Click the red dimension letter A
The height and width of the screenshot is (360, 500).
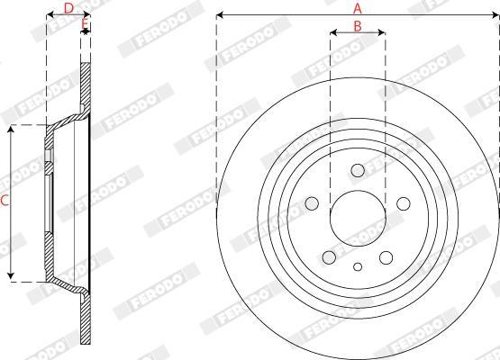pos(358,9)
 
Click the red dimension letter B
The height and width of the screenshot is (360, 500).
pos(358,26)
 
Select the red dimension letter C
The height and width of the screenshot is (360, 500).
pos(5,201)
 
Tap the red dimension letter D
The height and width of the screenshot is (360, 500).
pos(68,9)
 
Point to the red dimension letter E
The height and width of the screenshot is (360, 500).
pos(85,23)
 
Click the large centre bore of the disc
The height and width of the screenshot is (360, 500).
pos(358,219)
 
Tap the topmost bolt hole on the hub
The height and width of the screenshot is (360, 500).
pos(358,170)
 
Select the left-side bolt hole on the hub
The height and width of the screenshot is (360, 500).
pos(312,203)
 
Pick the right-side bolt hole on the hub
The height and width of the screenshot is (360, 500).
pos(404,203)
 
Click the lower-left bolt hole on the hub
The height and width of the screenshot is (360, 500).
pos(330,257)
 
